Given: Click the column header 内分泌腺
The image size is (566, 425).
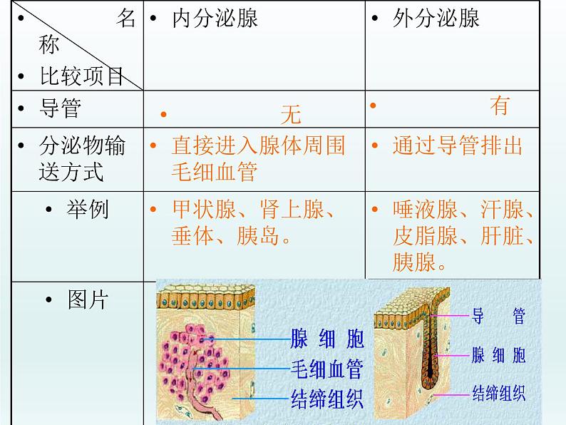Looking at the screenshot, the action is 215,18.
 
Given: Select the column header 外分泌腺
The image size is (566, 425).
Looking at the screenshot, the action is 436,18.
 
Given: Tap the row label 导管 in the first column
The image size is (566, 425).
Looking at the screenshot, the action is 60,109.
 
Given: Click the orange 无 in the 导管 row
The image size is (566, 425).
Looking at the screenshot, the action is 291,114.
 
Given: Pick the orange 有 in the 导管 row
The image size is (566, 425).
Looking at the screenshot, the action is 499,106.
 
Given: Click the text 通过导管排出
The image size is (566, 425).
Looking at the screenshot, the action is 457,146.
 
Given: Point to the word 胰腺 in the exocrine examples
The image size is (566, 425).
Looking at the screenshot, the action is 413,262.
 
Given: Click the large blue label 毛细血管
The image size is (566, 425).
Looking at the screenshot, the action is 326,369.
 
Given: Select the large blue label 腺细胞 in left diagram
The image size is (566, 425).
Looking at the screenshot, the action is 326,338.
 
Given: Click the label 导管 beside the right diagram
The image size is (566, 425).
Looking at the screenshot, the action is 499,317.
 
